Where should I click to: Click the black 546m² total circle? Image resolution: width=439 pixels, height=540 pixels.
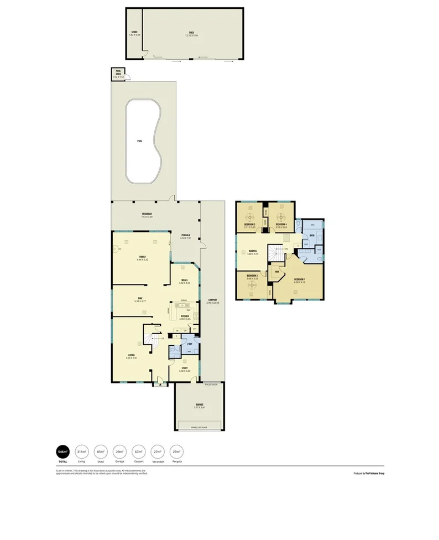tap(63, 451)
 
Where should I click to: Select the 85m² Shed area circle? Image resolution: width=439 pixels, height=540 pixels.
tap(101, 451)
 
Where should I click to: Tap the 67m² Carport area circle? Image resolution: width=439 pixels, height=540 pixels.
tap(138, 451)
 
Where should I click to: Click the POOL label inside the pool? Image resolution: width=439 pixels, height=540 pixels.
tap(139, 141)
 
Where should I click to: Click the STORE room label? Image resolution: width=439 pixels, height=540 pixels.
tap(134, 33)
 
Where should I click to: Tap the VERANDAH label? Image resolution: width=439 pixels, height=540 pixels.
tap(147, 214)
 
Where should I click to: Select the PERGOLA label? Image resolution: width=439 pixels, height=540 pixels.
tap(186, 235)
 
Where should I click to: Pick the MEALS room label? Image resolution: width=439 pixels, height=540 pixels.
tap(184, 280)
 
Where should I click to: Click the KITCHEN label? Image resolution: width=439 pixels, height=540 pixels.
tap(185, 316)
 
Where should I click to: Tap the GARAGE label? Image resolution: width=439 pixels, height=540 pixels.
tap(199, 405)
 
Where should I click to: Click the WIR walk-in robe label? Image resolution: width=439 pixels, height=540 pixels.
tap(276, 272)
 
